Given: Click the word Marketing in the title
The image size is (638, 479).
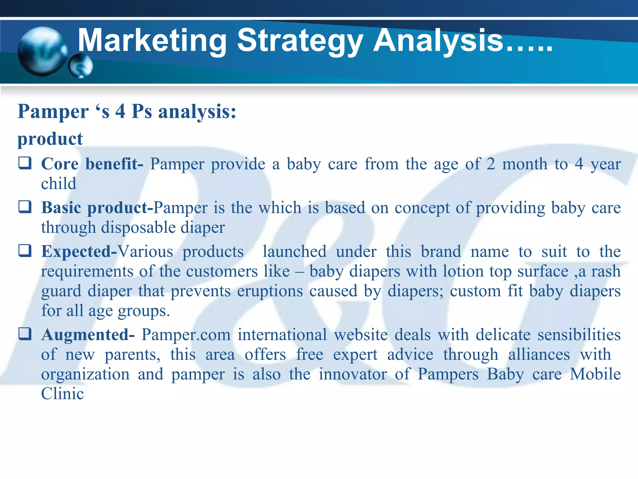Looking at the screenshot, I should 152,41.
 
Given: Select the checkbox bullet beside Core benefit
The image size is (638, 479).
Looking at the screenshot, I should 25,163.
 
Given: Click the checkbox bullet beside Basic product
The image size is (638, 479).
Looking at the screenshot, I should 25,206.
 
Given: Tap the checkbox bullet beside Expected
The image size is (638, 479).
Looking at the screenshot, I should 25,250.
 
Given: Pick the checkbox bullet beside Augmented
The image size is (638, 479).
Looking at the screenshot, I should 25,334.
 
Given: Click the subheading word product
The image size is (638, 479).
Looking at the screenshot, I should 50,139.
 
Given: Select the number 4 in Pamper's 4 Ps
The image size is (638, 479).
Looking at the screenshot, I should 120,111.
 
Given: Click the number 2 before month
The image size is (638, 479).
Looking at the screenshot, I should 491,164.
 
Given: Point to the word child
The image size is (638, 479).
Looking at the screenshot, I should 59,183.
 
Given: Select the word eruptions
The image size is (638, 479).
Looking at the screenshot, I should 270,291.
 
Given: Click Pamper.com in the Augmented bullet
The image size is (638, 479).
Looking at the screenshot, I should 186,335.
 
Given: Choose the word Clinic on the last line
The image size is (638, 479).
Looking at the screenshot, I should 62,394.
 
